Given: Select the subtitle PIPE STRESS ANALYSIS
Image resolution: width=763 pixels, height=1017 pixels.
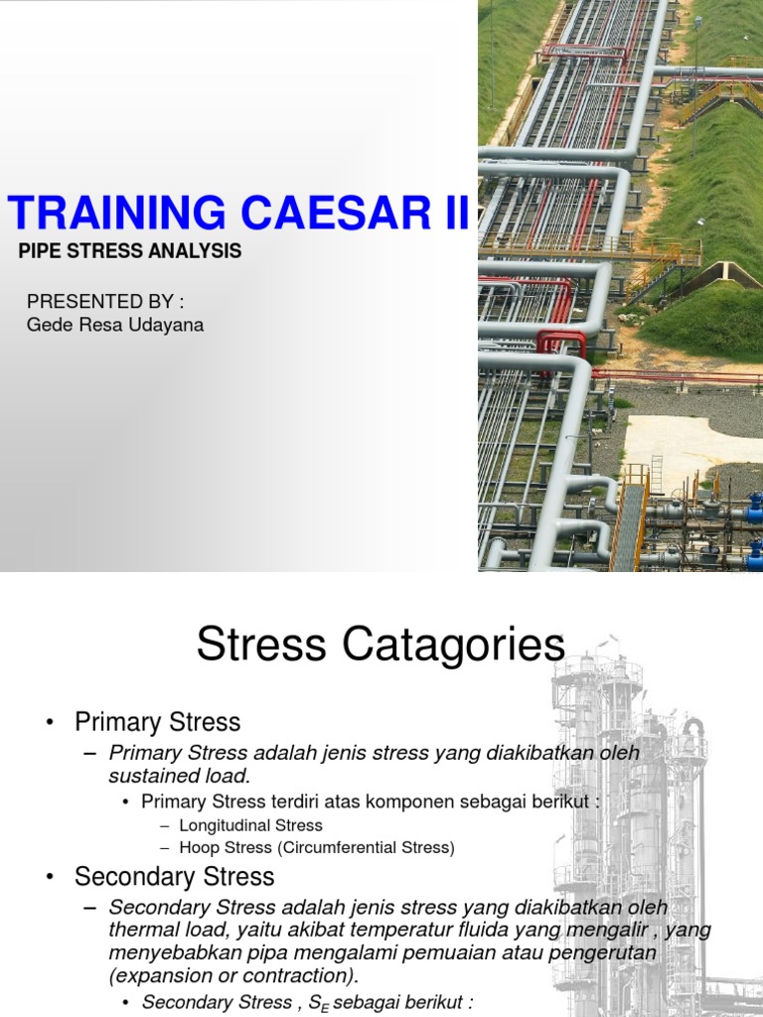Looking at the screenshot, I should tap(130, 251).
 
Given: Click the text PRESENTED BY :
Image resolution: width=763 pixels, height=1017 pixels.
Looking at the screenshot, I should tap(105, 301).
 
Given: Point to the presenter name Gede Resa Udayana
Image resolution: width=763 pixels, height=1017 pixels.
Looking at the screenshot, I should tap(115, 325).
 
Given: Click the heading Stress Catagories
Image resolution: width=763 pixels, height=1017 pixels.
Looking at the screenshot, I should tap(381, 646).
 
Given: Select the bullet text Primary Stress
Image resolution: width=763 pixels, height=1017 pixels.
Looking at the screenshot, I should tap(157, 721).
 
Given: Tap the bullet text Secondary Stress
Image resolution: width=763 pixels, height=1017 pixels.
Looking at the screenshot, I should tap(174, 877).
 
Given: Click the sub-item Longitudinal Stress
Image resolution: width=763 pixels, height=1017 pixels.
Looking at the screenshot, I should tap(250, 825).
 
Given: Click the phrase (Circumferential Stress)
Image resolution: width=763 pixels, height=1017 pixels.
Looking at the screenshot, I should tap(366, 847).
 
